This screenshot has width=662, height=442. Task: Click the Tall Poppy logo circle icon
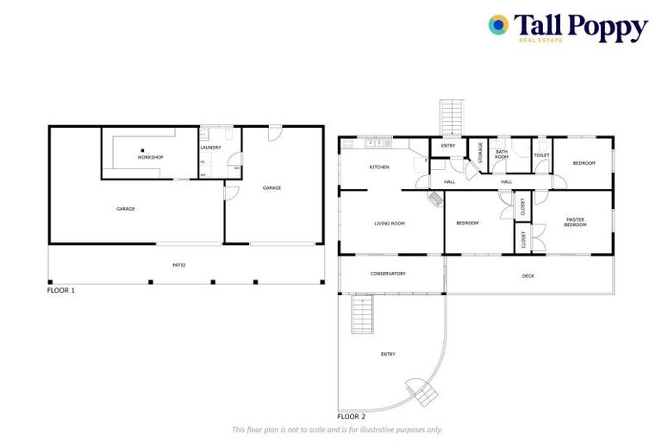pos(498,25)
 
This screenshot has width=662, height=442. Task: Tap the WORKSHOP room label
pos(150,158)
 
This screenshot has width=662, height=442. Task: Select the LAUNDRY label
pos(211,148)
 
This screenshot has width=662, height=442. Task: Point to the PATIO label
pos(179,265)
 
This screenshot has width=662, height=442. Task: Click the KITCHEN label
pos(379,167)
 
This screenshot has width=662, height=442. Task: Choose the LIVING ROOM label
pos(390,224)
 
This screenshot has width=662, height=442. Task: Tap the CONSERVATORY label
pos(388,274)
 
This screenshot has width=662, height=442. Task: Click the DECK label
pos(528,276)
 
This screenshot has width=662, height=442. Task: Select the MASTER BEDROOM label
pos(575,223)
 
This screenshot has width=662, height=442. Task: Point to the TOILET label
pos(541,155)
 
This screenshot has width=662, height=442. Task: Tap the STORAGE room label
pos(480,152)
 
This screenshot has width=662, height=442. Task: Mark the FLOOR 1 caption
pos(61,291)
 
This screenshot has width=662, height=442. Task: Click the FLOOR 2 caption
pos(352,416)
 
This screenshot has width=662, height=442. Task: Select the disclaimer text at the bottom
pos(337,429)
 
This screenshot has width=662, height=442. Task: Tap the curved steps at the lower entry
pos(421,393)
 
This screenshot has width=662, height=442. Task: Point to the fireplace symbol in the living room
pos(436,199)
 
